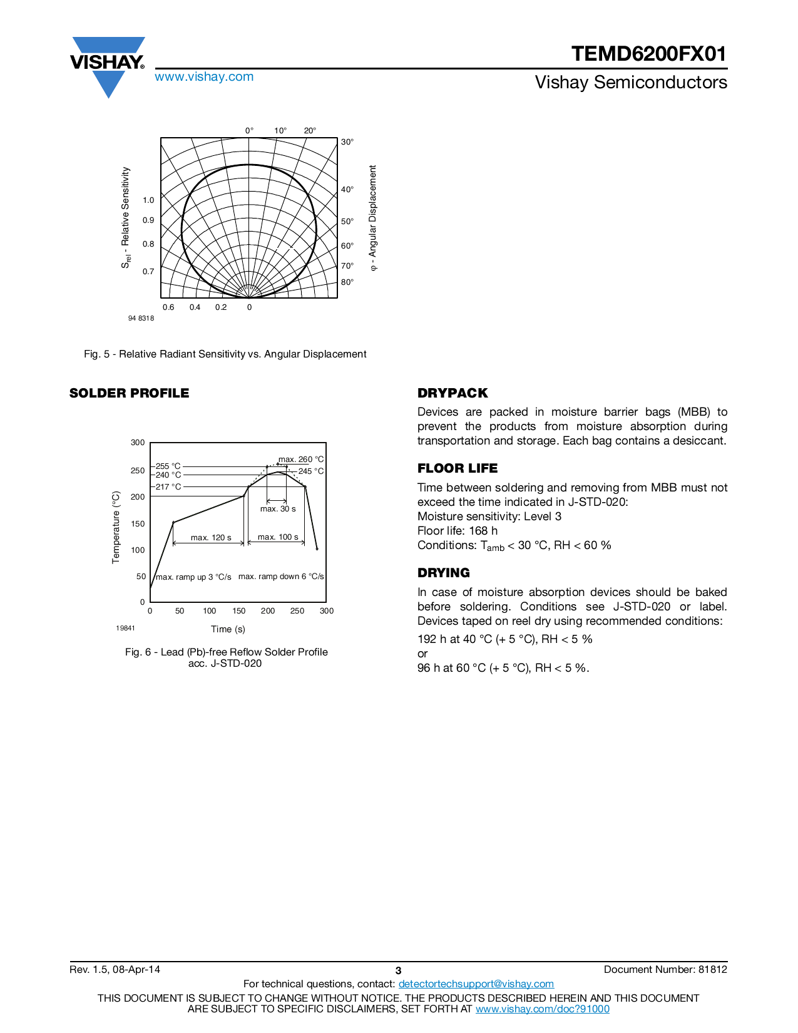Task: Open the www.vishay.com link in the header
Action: click(x=204, y=77)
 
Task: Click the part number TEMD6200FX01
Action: click(x=648, y=54)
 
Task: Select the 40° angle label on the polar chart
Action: click(x=347, y=190)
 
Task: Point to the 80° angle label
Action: click(x=347, y=282)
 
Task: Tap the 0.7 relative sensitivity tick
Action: click(x=148, y=272)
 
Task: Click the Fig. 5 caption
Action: click(x=225, y=354)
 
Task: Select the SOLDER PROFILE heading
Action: click(x=129, y=393)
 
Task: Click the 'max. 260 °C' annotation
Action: click(x=301, y=460)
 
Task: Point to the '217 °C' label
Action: click(x=168, y=487)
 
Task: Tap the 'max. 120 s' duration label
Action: click(x=211, y=538)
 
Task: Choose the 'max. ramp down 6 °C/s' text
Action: click(x=281, y=577)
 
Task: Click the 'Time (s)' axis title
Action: click(x=228, y=629)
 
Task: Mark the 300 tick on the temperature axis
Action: click(x=138, y=443)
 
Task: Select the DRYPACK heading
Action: click(x=453, y=393)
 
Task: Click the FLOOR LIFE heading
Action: click(x=458, y=468)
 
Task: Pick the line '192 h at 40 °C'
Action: click(x=504, y=639)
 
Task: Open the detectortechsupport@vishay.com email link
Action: click(x=476, y=984)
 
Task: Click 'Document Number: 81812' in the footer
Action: click(x=665, y=970)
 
